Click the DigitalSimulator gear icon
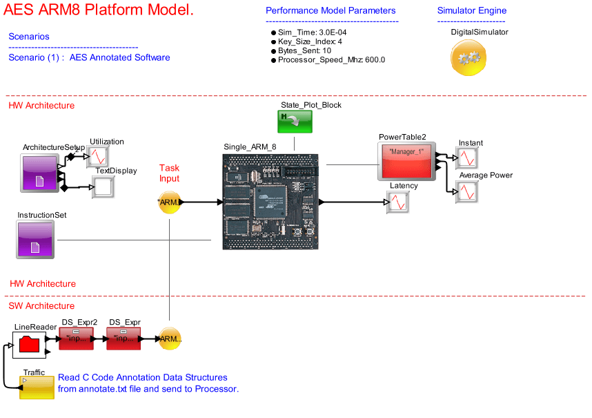[469, 58]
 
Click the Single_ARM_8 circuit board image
[270, 200]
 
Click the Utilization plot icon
[97, 157]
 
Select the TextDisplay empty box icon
[103, 187]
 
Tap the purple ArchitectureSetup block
[39, 173]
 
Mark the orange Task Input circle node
[169, 202]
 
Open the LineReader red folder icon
[29, 343]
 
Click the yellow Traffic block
[37, 388]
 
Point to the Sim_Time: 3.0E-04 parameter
[313, 32]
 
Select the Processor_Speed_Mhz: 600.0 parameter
[331, 60]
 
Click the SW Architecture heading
[41, 306]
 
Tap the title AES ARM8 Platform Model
[99, 10]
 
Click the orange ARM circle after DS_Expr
[170, 339]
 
